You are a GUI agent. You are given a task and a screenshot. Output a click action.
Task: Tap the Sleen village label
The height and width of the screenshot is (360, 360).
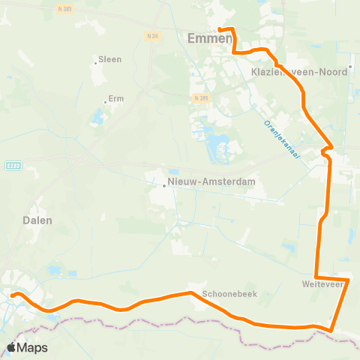(x=110, y=59)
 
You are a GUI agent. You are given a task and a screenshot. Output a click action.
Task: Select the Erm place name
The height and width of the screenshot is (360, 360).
(x=115, y=99)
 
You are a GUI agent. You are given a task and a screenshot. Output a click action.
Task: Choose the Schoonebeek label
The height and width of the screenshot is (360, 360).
(x=229, y=294)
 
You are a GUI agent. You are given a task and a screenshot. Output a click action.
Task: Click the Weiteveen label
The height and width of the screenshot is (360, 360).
(x=323, y=285)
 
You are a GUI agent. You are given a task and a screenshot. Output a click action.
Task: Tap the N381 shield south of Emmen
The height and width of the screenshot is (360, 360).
(x=199, y=98)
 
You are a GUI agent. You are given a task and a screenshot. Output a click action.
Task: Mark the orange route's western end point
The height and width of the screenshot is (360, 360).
(x=13, y=295)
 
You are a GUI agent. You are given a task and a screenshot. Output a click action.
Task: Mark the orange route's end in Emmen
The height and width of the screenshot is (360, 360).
(x=220, y=29)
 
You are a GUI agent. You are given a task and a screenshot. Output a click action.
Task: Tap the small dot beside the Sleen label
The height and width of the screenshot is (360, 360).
(x=95, y=62)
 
